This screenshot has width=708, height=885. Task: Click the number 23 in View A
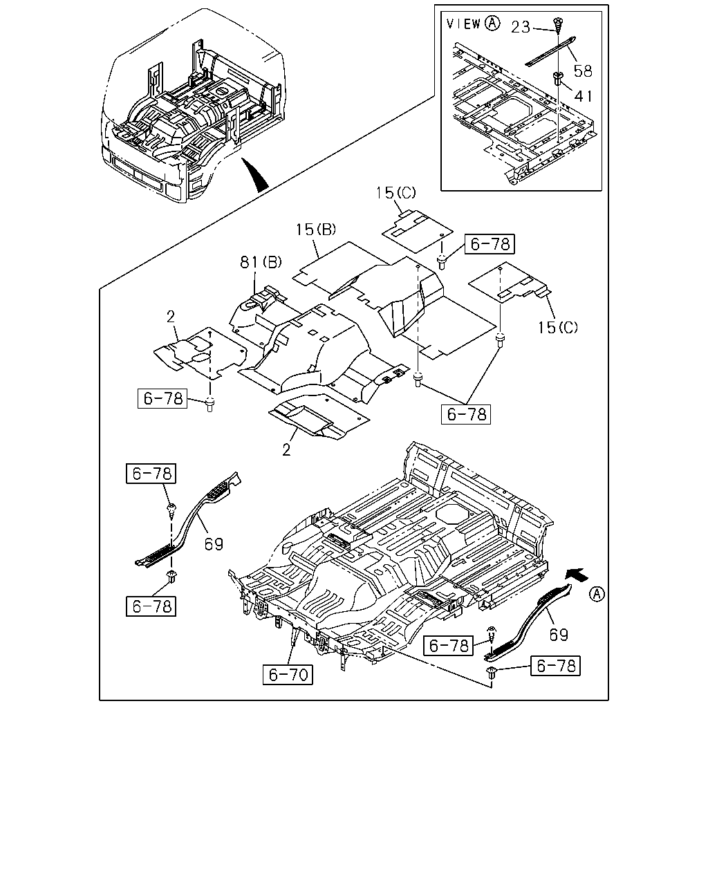point(521,28)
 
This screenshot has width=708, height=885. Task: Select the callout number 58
point(583,71)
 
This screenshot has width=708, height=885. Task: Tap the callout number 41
point(583,96)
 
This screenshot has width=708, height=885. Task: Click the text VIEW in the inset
point(464,24)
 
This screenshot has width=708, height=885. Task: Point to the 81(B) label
point(261,262)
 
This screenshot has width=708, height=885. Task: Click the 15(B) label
point(316,230)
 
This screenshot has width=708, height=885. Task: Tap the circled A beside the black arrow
point(597,594)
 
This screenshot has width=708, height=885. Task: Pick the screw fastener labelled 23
point(558,25)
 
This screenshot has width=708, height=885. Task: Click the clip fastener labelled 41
point(558,78)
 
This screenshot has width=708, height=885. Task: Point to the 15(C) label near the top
point(395,192)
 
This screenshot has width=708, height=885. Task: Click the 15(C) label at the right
point(558,327)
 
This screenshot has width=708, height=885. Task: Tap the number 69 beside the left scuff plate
point(214,544)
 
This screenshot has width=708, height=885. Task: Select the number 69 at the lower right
point(559,635)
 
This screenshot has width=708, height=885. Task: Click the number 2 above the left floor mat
point(171,317)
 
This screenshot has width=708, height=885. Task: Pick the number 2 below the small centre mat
point(287,449)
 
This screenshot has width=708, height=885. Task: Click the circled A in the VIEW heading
point(492,24)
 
